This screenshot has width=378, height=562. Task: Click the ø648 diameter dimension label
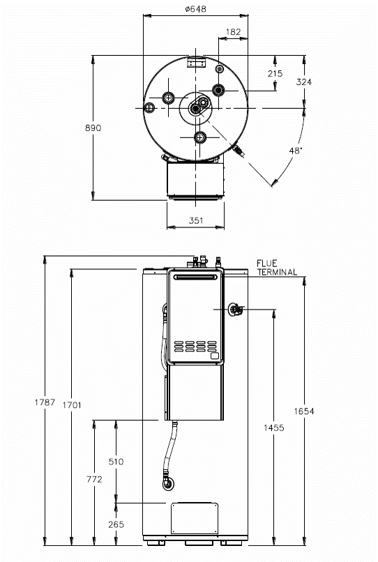tap(196, 9)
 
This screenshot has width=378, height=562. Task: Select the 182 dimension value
tap(233, 32)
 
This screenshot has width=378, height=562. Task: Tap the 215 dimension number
tap(275, 73)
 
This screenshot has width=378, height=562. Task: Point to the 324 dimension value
tap(304, 82)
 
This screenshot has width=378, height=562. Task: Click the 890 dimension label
tap(93, 128)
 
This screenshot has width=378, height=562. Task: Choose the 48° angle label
tap(296, 151)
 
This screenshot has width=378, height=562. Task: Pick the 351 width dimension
tap(196, 220)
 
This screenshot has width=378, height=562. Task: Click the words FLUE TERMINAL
tap(277, 268)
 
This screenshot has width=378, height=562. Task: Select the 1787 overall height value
tap(45, 402)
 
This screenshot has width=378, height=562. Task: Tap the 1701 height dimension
tap(72, 405)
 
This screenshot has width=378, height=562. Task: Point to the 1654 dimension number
tap(304, 411)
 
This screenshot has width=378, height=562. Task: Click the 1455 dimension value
tap(274, 427)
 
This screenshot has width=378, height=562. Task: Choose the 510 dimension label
tap(116, 462)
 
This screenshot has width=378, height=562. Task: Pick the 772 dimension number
tap(94, 479)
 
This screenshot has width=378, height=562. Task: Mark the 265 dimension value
tap(116, 524)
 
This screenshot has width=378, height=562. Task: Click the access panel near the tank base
tap(195, 518)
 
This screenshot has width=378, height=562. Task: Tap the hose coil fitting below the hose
tap(167, 484)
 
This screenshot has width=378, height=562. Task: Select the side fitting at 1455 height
tap(235, 310)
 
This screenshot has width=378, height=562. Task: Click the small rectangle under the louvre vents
tap(215, 356)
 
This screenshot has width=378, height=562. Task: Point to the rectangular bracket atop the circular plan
tap(196, 62)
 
